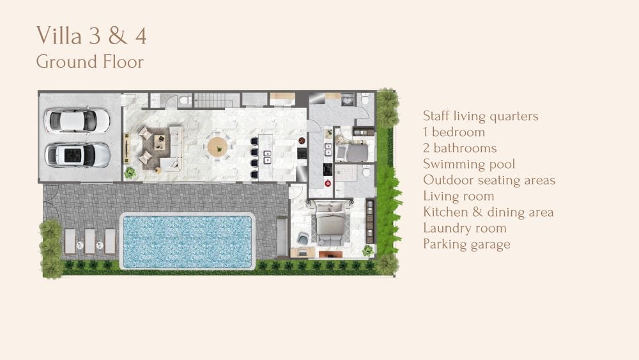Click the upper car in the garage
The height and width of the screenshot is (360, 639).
77,120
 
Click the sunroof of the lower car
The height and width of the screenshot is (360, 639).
74,155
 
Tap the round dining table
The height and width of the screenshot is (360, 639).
218,147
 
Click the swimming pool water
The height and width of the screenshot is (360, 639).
187,242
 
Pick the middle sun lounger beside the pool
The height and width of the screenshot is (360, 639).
89,241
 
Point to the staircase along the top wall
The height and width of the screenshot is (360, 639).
217,100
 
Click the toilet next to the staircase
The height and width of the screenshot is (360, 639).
185,100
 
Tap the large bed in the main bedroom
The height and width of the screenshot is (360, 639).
331,224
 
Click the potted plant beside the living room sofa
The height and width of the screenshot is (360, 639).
130,173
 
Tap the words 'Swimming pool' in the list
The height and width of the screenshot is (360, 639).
468,164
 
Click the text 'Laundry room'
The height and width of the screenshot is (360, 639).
465,228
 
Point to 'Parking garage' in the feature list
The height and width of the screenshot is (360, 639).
466,244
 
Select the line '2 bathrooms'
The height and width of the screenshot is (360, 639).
459,148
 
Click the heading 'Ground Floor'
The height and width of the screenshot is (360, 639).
89,62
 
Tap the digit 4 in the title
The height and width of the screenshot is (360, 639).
141,35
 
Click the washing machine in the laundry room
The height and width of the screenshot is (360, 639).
348,99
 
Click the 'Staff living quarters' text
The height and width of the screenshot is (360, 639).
481,116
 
